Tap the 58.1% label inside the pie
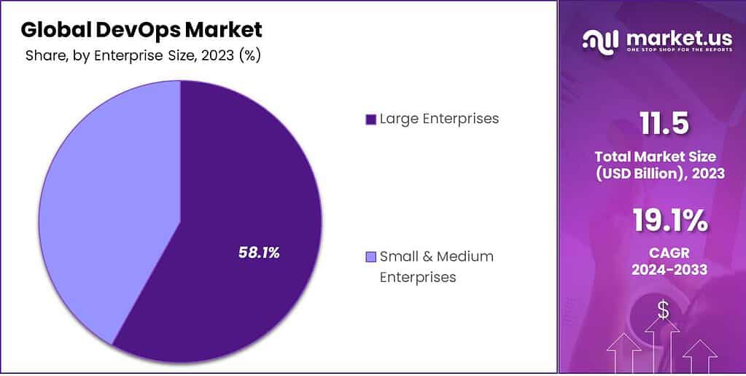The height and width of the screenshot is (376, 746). click(x=259, y=252)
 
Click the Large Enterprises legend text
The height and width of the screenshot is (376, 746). click(x=439, y=119)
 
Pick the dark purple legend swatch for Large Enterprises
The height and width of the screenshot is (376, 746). click(x=370, y=120)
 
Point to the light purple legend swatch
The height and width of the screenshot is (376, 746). click(x=370, y=256)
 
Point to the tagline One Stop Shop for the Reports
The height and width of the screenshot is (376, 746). click(x=669, y=50)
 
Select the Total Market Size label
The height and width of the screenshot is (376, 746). click(x=656, y=156)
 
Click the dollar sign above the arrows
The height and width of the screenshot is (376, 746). click(x=663, y=310)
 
